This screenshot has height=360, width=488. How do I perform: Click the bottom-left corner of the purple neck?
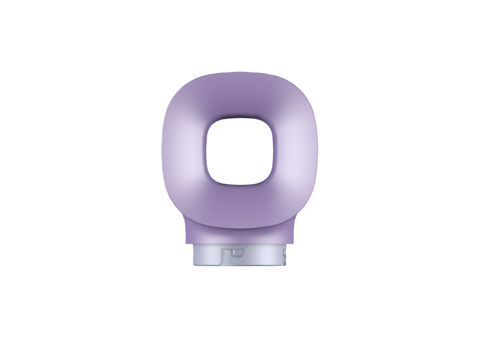coord(186,243)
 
